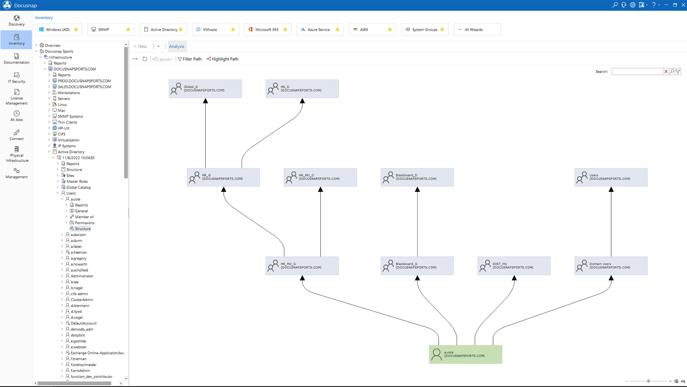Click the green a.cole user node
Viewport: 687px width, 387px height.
click(x=465, y=354)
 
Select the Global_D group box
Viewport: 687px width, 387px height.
click(x=205, y=89)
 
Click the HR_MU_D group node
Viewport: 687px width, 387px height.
click(x=320, y=177)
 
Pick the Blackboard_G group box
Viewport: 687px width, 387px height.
click(x=417, y=266)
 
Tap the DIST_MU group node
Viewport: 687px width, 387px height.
click(x=514, y=266)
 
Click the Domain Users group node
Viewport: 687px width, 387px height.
click(x=611, y=266)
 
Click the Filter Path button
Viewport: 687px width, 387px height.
click(x=190, y=59)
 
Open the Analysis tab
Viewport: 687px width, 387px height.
click(x=176, y=46)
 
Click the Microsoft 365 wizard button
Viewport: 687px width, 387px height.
click(x=267, y=29)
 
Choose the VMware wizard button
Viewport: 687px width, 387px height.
click(x=210, y=29)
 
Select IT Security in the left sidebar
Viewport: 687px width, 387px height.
click(x=16, y=77)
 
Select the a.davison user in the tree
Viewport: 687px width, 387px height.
click(x=78, y=235)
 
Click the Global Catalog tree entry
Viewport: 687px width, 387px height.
click(x=78, y=187)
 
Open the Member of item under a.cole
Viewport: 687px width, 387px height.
click(x=84, y=217)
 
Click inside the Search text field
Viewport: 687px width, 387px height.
click(x=637, y=72)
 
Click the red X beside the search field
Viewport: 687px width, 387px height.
click(x=666, y=72)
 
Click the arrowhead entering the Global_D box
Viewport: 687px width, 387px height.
click(x=205, y=101)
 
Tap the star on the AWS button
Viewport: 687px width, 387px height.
click(x=390, y=29)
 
